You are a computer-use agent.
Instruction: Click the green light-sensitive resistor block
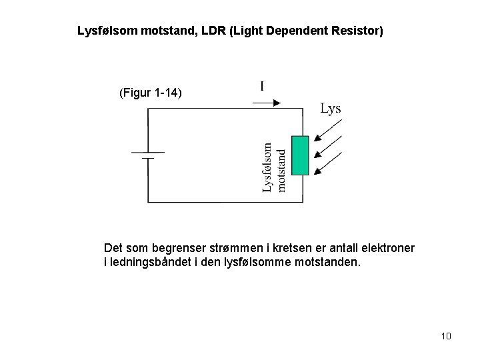click(301, 155)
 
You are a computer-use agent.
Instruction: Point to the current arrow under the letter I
click(267, 103)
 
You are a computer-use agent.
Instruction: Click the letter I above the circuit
click(262, 86)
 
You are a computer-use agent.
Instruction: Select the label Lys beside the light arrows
click(331, 109)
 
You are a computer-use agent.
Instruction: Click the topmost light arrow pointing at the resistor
click(329, 132)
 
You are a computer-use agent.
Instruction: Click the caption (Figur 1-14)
click(149, 93)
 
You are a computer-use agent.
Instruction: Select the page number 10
click(446, 335)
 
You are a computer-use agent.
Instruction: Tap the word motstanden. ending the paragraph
click(327, 262)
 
